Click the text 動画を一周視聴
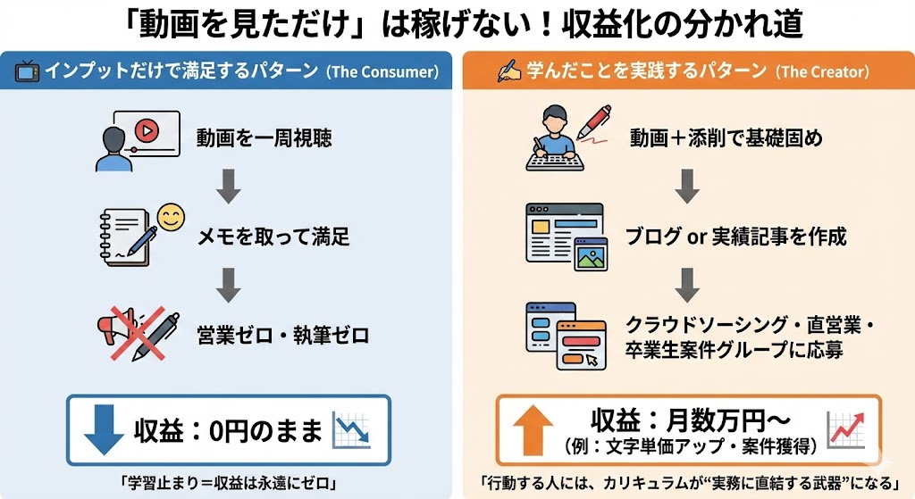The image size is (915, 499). [x=253, y=139]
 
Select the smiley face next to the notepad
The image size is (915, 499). [x=170, y=217]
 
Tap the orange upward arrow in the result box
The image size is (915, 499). [x=533, y=430]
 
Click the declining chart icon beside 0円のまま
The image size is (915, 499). [x=351, y=430]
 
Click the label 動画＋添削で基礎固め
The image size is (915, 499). [x=726, y=138]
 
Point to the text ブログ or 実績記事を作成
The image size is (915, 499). [x=735, y=237]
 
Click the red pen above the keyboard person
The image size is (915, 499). [x=593, y=121]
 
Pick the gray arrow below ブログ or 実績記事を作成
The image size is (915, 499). [x=686, y=285]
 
